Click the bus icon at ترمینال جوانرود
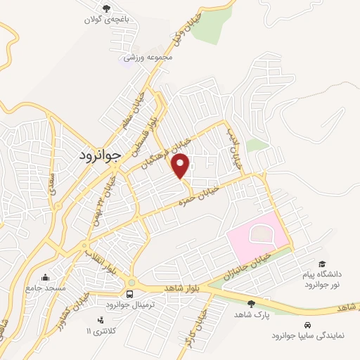[129, 294]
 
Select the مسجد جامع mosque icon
[46, 277]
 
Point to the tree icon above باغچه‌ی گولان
[106, 9]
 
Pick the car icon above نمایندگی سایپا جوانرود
[308, 325]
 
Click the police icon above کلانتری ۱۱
[101, 320]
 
